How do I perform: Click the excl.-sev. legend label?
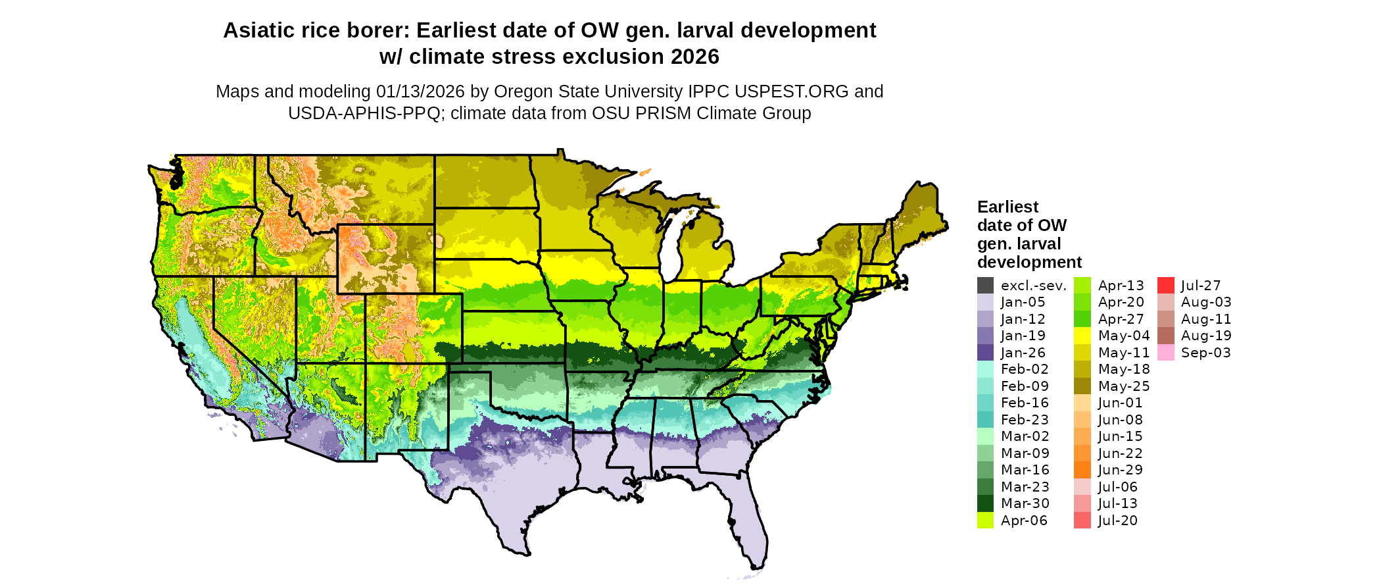pos(1033,286)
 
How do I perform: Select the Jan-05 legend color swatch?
pos(985,302)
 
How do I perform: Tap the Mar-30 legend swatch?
pos(985,503)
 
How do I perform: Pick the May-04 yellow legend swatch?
pos(1082,336)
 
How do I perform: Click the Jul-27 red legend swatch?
pos(1165,286)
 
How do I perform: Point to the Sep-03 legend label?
pos(1205,353)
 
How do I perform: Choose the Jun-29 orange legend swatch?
pos(1082,470)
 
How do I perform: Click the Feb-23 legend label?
pos(1025,420)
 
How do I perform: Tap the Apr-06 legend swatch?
pos(985,521)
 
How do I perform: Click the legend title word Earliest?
pos(1007,207)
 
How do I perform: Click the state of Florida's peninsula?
pos(746,520)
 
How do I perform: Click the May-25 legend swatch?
pos(1082,386)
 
